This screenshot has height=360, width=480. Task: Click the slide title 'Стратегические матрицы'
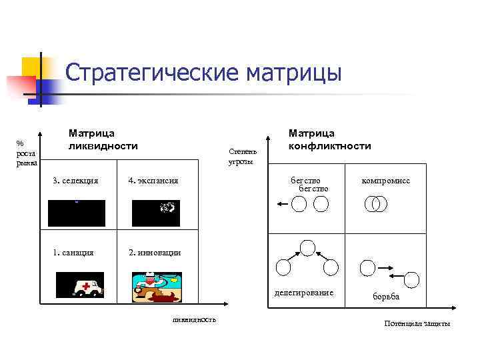tap(203, 72)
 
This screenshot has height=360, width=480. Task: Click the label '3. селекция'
tap(75, 181)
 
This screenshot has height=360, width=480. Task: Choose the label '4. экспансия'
tap(153, 181)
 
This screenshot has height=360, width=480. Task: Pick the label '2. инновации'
tap(155, 253)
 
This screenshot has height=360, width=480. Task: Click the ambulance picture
tap(79, 285)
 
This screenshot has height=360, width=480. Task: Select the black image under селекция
tap(77, 213)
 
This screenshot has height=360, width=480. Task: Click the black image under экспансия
tap(155, 213)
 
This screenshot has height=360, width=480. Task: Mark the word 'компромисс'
tap(385, 181)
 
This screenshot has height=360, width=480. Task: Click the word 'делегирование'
tap(305, 293)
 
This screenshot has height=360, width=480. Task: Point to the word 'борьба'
tap(386, 297)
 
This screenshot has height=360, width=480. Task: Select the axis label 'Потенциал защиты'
tap(417, 323)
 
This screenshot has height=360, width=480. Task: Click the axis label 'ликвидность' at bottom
tap(194, 319)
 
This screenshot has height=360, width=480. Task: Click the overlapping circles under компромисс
tap(377, 205)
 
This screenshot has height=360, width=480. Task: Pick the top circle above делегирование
tap(307, 248)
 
